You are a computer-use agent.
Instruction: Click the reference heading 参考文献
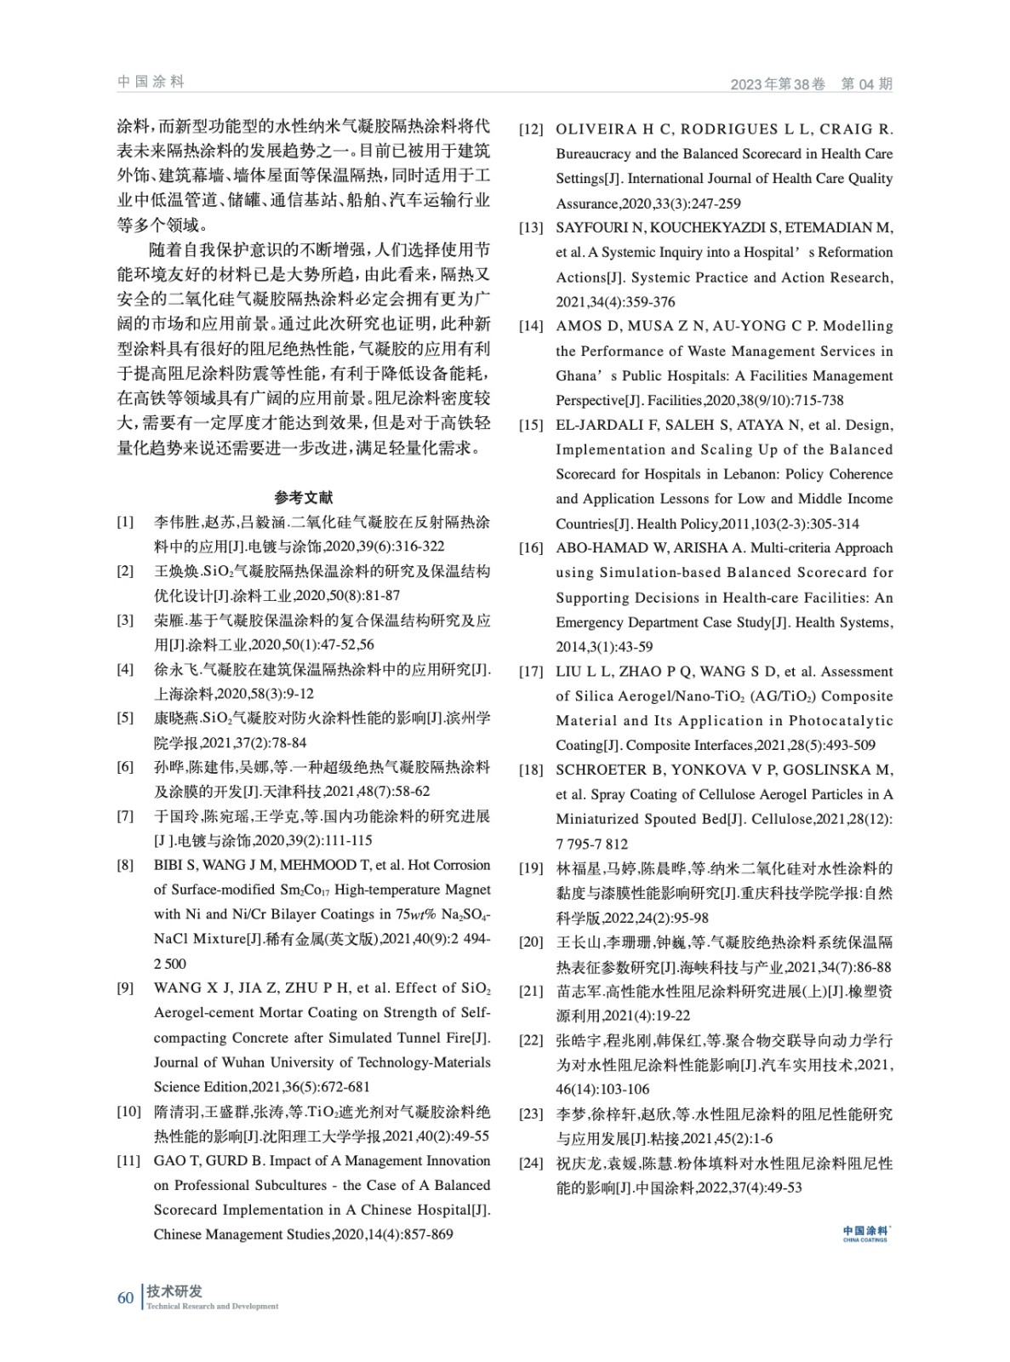click(304, 497)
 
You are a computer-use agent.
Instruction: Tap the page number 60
click(125, 1297)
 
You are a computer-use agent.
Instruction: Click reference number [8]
click(126, 866)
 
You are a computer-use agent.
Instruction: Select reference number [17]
click(531, 672)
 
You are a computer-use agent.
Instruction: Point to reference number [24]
click(531, 1163)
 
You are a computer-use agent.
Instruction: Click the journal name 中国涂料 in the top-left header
click(151, 82)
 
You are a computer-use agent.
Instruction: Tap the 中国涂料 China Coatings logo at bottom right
click(865, 1233)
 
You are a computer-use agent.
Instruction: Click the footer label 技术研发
click(174, 1291)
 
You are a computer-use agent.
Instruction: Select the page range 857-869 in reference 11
click(424, 1234)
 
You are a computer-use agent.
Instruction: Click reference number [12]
click(531, 129)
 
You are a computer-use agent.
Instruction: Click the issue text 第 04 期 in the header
click(866, 83)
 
